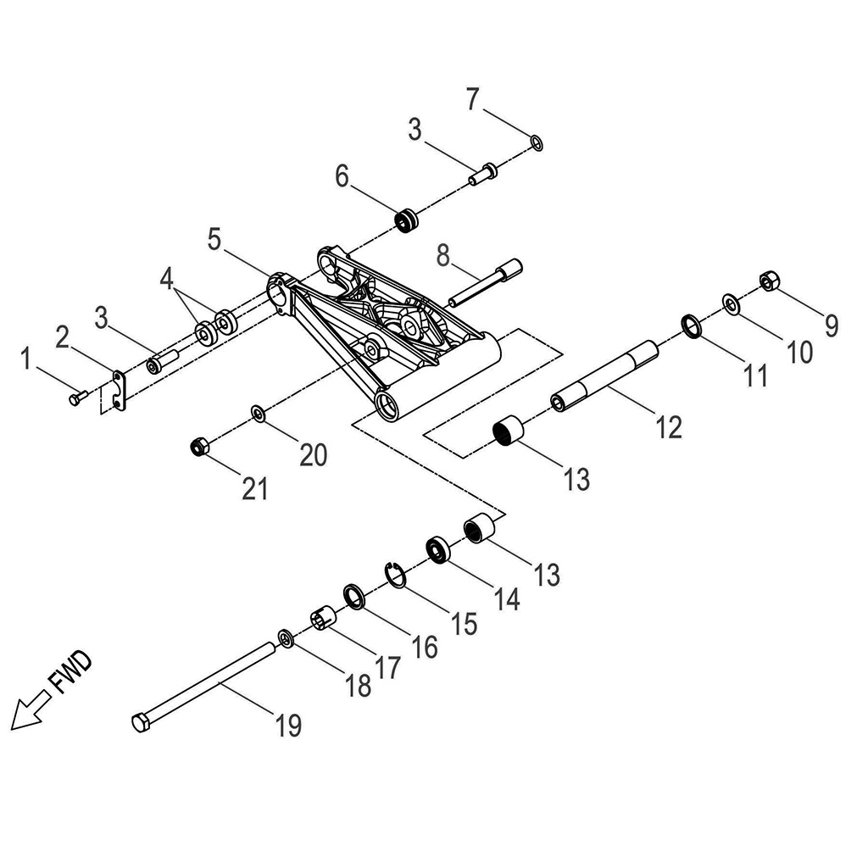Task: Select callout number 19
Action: [x=288, y=725]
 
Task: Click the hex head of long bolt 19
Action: [x=141, y=723]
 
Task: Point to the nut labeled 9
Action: [x=770, y=280]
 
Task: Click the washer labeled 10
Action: [x=731, y=303]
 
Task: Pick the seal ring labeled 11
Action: [x=692, y=325]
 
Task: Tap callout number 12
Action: [x=669, y=426]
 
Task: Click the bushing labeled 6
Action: [x=408, y=218]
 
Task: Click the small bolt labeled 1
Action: [x=78, y=395]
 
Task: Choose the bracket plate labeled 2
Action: [x=119, y=388]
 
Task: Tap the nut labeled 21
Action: [x=198, y=445]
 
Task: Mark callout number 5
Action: [x=214, y=239]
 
